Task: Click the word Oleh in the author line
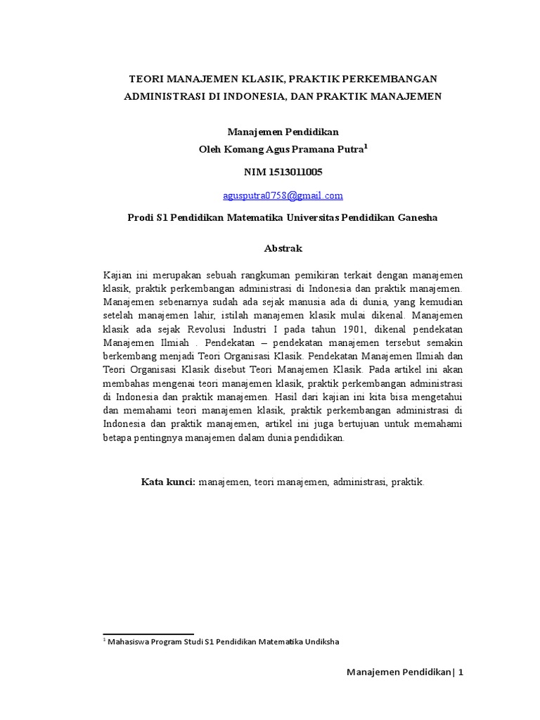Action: pos(214,149)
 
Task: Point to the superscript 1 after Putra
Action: pos(366,146)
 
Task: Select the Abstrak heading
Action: pos(283,249)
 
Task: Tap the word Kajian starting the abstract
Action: pos(118,274)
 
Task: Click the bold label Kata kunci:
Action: pos(168,482)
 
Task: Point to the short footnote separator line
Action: pos(148,634)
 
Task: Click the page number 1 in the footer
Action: pos(461,672)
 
